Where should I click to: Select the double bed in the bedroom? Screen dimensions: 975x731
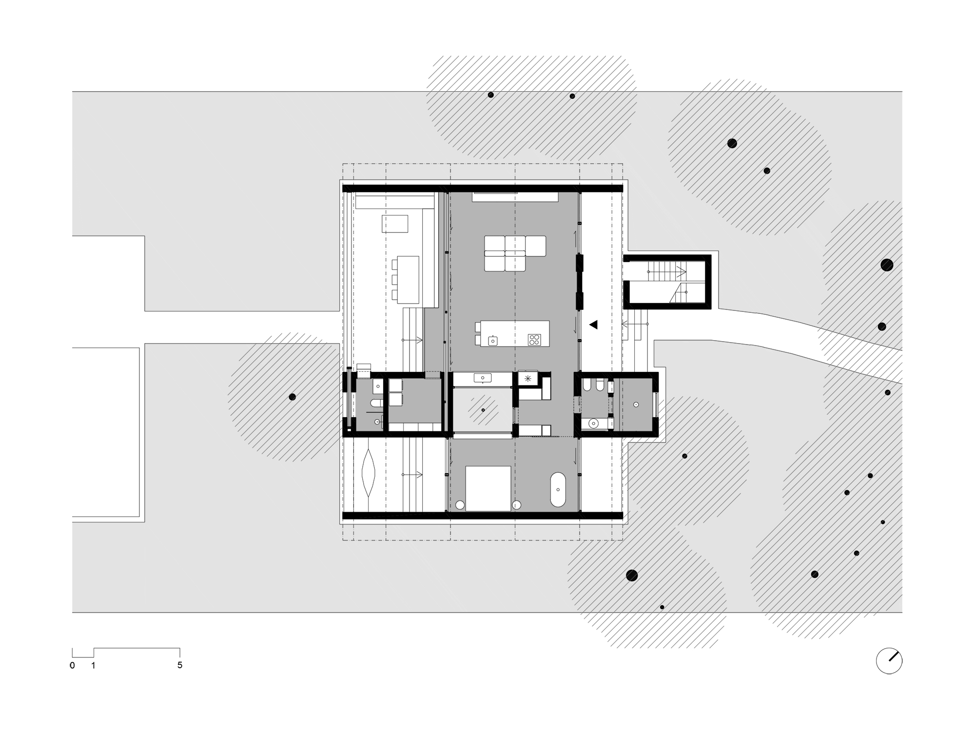[488, 488]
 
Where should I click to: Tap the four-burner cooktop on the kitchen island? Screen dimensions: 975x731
[534, 339]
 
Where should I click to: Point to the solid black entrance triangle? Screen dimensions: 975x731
[593, 324]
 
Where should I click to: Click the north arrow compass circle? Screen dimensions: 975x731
[889, 661]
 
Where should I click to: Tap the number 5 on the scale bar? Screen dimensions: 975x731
[180, 665]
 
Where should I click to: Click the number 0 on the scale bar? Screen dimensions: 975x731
[72, 665]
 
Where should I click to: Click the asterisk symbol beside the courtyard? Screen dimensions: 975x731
[527, 378]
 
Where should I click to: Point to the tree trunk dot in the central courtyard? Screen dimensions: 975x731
[483, 410]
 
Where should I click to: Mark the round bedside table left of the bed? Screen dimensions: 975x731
[459, 505]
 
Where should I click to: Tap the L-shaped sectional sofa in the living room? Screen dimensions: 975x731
[515, 253]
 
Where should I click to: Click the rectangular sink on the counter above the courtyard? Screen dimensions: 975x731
[483, 378]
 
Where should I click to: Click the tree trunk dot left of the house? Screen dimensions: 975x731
[292, 397]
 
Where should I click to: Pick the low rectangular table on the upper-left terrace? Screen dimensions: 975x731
[395, 224]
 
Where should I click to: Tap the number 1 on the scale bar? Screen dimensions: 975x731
[93, 665]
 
